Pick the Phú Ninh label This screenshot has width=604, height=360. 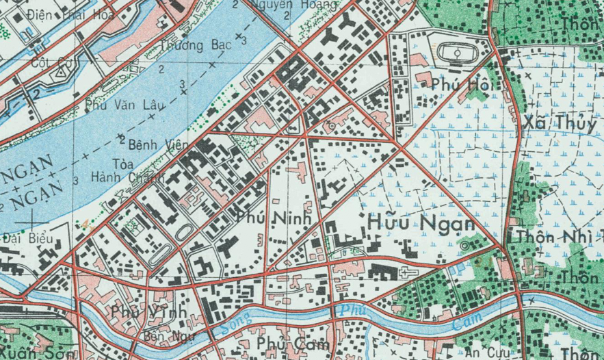[x=273, y=218]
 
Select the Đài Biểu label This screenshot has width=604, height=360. [x=26, y=239]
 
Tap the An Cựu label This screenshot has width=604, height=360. [x=487, y=352]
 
